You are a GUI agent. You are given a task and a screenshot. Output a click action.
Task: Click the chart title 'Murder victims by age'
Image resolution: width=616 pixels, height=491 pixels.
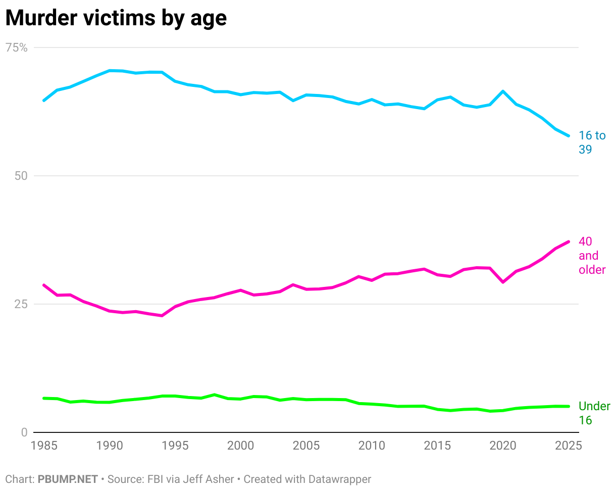(x=116, y=18)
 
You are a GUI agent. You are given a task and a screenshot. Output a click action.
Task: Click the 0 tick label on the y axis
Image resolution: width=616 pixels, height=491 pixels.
(x=24, y=432)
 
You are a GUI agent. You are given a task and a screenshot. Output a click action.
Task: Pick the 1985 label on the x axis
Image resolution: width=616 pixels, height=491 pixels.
(x=44, y=446)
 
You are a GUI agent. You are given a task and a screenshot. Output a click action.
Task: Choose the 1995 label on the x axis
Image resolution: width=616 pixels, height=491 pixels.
(x=175, y=446)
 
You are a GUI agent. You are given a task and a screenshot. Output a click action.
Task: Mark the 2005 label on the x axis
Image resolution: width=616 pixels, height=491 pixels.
(x=306, y=446)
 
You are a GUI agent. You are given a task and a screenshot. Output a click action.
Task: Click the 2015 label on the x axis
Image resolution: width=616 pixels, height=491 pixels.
(x=437, y=446)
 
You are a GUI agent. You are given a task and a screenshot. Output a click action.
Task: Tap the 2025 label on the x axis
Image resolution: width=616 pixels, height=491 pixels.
(x=568, y=446)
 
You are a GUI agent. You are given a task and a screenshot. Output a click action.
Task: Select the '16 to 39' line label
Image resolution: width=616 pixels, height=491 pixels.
(x=592, y=142)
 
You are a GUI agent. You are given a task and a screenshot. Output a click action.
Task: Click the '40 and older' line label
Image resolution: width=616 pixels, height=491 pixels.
(x=592, y=256)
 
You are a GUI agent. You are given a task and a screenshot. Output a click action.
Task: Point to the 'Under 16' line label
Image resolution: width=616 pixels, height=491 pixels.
(x=594, y=413)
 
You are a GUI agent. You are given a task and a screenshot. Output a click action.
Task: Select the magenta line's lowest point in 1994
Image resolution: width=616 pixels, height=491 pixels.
(x=162, y=316)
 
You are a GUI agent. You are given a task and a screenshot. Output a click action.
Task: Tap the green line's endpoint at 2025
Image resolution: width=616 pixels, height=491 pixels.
(x=569, y=406)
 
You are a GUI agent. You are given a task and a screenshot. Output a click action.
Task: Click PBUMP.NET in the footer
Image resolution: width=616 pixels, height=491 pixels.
(x=68, y=479)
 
